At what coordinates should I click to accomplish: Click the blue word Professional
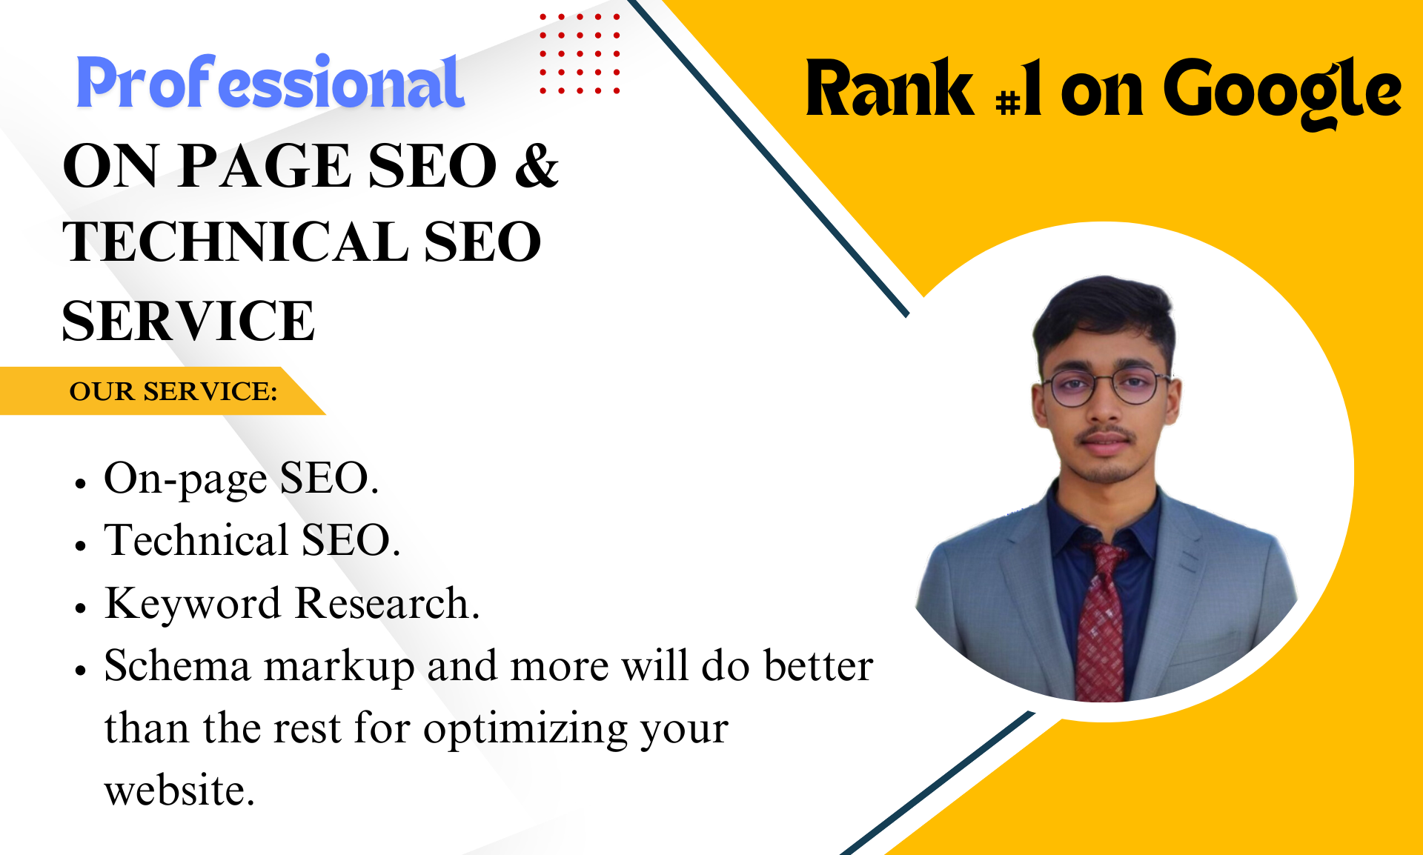point(271,83)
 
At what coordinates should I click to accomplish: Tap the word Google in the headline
point(1281,91)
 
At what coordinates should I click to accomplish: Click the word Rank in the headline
point(889,90)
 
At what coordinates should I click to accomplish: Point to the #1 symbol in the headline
point(1019,93)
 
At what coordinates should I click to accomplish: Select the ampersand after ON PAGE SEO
point(537,165)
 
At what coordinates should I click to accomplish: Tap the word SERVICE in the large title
point(188,321)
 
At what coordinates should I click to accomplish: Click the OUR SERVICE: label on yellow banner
point(173,391)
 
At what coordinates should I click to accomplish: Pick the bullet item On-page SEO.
point(241,478)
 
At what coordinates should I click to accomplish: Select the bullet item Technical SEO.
point(252,540)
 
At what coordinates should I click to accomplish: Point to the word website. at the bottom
point(179,791)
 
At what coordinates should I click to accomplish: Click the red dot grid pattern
point(580,53)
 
